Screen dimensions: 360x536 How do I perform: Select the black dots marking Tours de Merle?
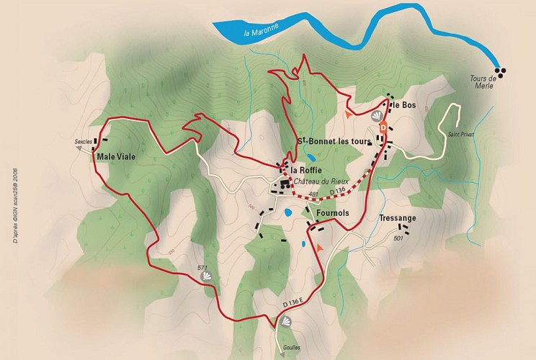coord(500,70)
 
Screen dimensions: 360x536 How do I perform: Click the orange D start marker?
coord(383,127)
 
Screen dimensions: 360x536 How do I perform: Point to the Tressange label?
coord(397,217)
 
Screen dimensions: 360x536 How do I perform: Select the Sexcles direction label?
coord(84,142)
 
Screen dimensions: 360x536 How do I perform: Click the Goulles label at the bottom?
coord(291,347)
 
